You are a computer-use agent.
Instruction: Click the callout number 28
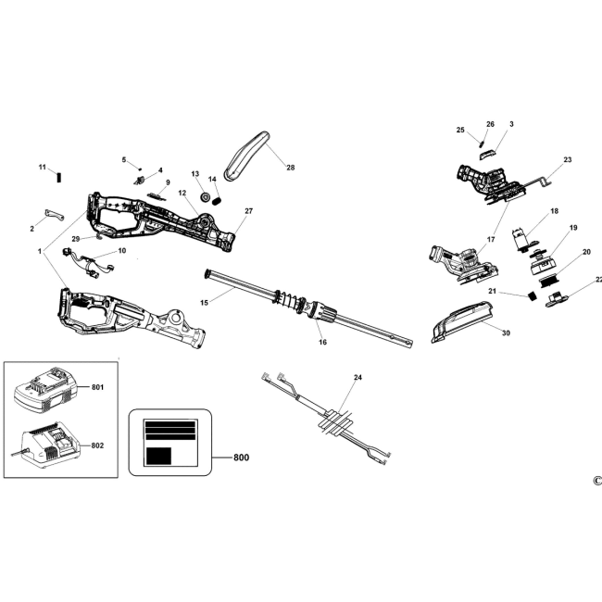pyautogui.click(x=291, y=168)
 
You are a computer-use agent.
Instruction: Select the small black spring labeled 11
pyautogui.click(x=59, y=178)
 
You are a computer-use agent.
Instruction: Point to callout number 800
pyautogui.click(x=241, y=458)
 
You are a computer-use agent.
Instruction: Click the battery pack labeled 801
pyautogui.click(x=45, y=391)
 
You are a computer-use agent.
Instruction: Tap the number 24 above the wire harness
pyautogui.click(x=357, y=377)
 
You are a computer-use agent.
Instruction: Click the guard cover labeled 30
pyautogui.click(x=463, y=321)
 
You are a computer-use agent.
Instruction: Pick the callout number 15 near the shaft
pyautogui.click(x=205, y=303)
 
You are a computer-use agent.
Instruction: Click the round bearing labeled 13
pyautogui.click(x=205, y=197)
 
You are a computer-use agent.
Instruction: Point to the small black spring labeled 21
pyautogui.click(x=533, y=296)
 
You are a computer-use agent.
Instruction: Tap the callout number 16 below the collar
pyautogui.click(x=322, y=342)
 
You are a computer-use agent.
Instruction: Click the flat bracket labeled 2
pyautogui.click(x=55, y=215)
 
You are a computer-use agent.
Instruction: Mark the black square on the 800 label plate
pyautogui.click(x=158, y=456)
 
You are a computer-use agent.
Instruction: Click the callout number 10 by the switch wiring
pyautogui.click(x=121, y=251)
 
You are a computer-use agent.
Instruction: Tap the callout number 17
pyautogui.click(x=491, y=240)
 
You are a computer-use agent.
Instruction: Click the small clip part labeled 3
pyautogui.click(x=487, y=155)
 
